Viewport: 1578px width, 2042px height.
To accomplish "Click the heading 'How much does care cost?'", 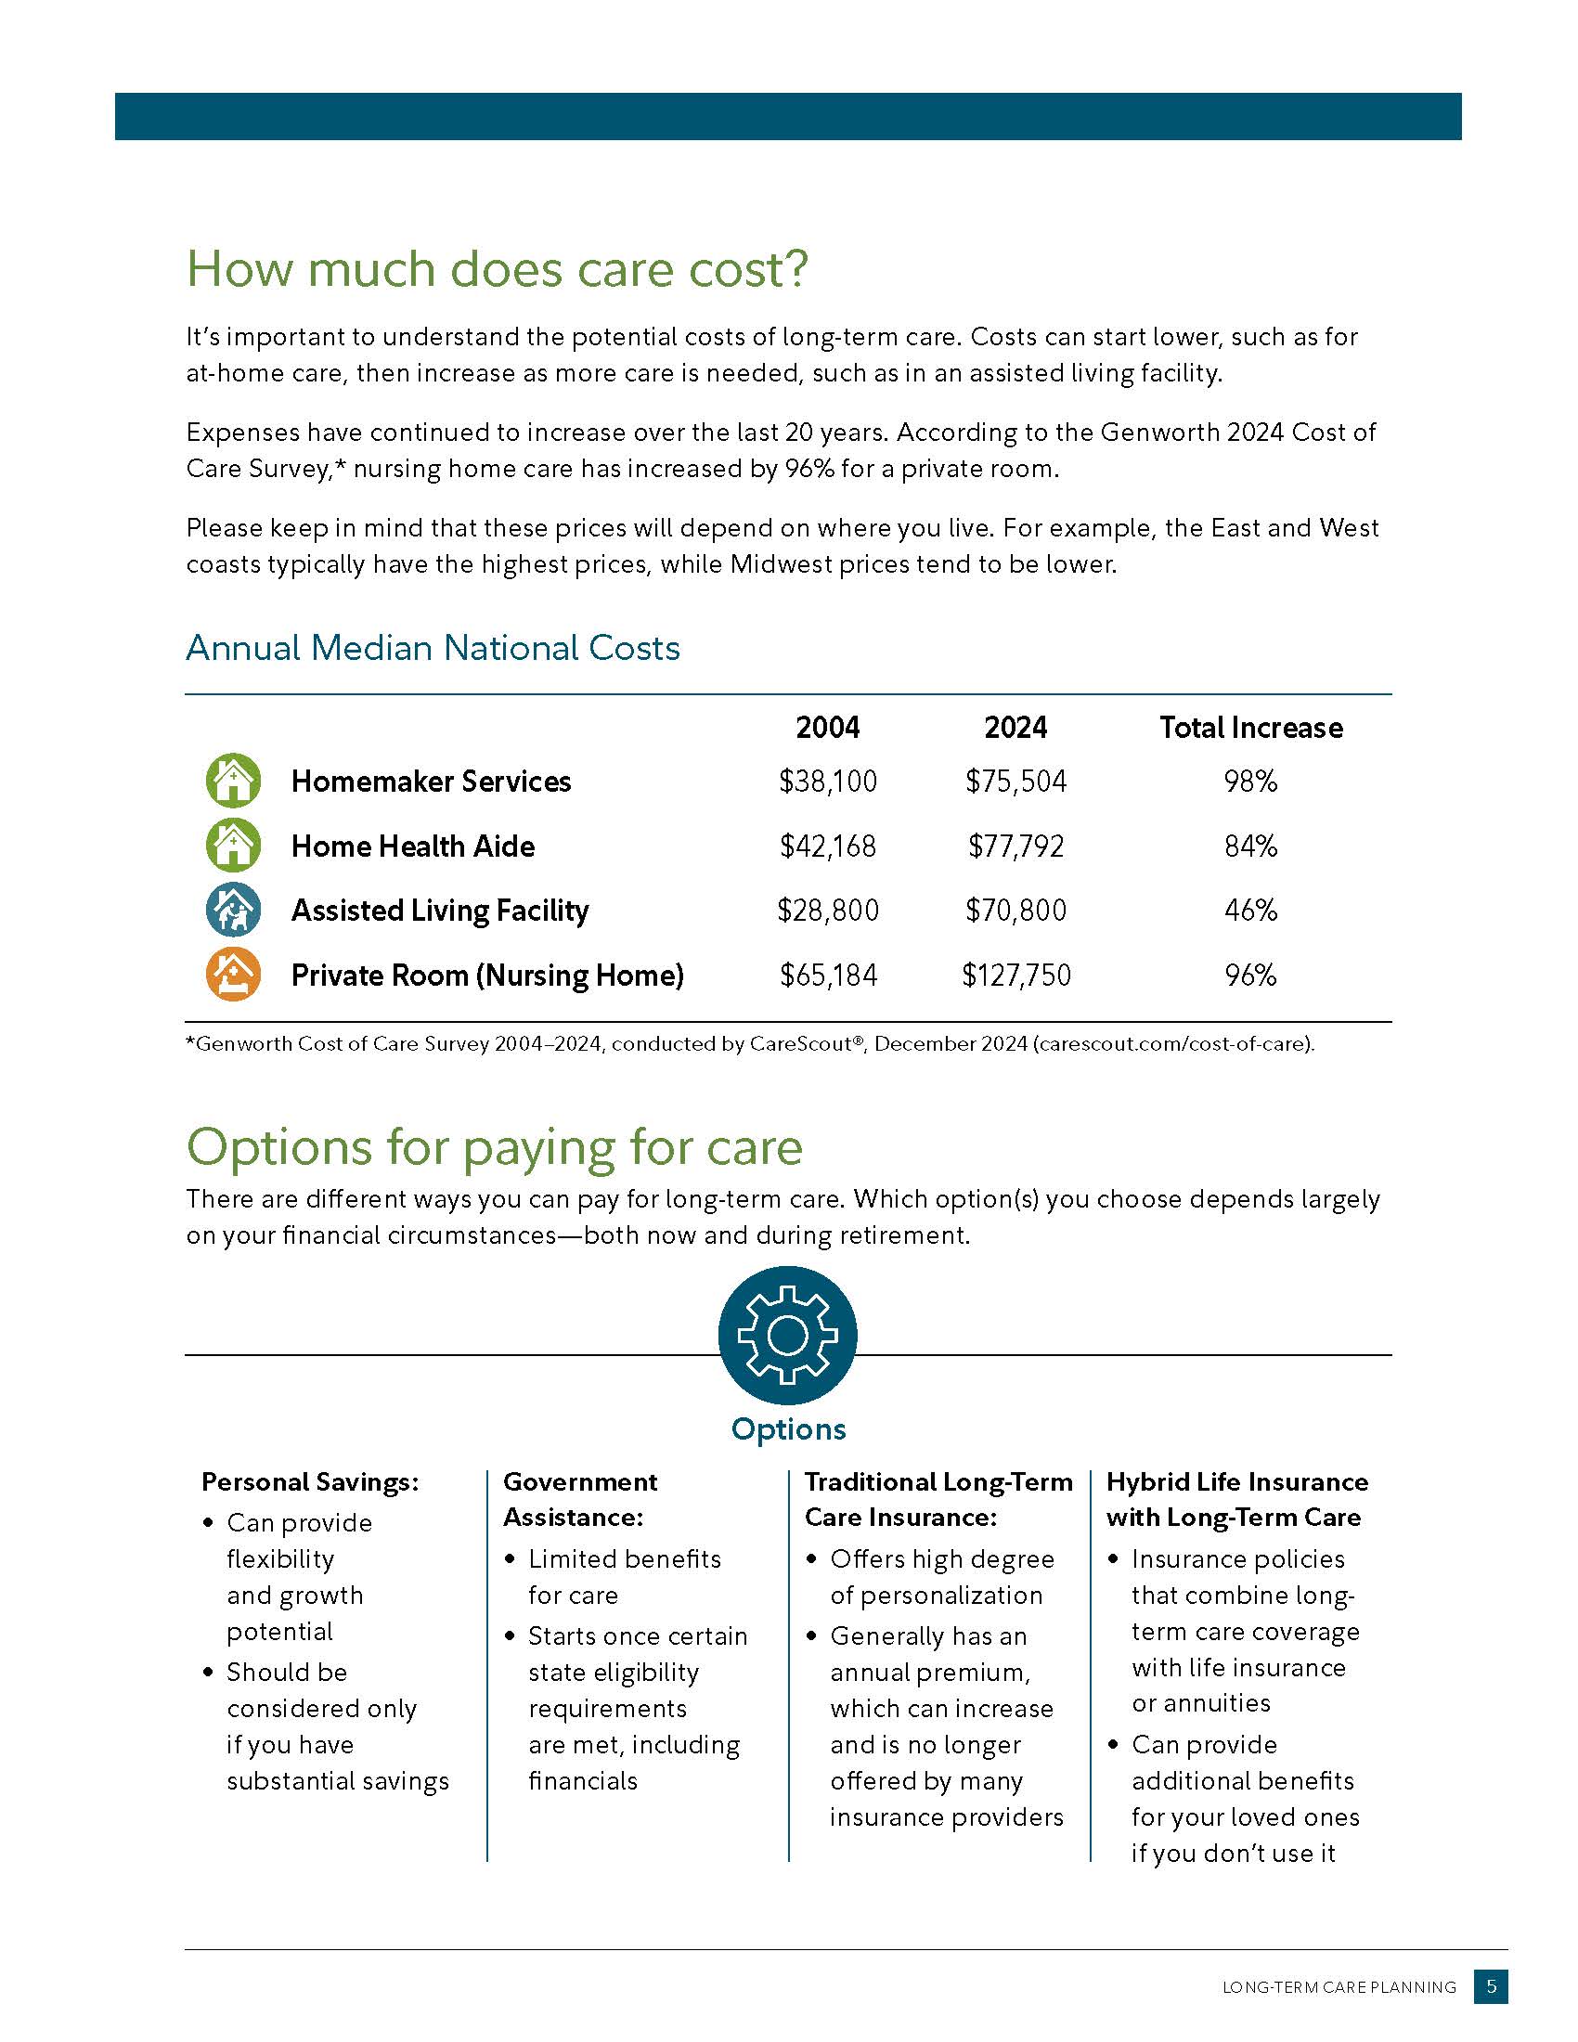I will tap(497, 269).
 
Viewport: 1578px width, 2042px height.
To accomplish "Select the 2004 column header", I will tap(827, 728).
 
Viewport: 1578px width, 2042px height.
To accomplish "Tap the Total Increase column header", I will tap(1250, 728).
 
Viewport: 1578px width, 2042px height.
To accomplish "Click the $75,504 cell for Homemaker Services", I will tap(1015, 782).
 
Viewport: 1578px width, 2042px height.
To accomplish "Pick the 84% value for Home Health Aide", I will tap(1250, 847).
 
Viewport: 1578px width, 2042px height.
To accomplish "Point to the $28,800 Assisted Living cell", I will tap(827, 911).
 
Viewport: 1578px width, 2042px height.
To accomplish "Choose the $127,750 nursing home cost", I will tap(1015, 976).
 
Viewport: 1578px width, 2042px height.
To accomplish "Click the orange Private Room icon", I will tap(233, 975).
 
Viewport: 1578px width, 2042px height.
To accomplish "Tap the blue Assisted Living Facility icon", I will tap(233, 910).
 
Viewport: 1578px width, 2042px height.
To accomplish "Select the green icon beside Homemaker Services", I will tap(233, 781).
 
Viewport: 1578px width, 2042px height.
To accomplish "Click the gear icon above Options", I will tap(787, 1335).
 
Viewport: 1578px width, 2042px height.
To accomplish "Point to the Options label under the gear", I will tap(788, 1429).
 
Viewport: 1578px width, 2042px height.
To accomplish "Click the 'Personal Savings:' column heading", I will tap(310, 1482).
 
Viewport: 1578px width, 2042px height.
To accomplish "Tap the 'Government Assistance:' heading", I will tap(579, 1499).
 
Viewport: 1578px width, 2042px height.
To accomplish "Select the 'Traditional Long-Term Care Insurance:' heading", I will tap(938, 1499).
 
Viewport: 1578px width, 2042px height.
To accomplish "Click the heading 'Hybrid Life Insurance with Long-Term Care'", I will tap(1236, 1499).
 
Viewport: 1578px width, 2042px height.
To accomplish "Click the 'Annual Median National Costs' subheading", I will tap(433, 648).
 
